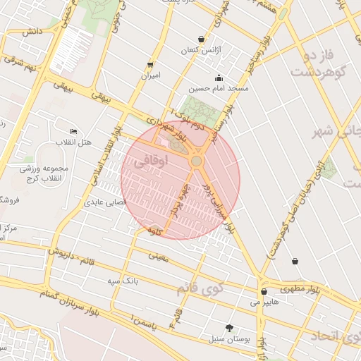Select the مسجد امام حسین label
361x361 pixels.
pyautogui.click(x=219, y=89)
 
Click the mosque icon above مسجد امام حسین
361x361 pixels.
pyautogui.click(x=219, y=78)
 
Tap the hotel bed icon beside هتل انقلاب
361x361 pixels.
pyautogui.click(x=73, y=131)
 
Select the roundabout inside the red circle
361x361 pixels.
pyautogui.click(x=196, y=161)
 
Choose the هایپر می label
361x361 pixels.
pyautogui.click(x=264, y=302)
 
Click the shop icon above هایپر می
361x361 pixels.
pyautogui.click(x=264, y=291)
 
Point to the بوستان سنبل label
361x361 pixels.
pyautogui.click(x=229, y=339)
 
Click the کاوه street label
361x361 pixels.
pyautogui.click(x=154, y=231)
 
